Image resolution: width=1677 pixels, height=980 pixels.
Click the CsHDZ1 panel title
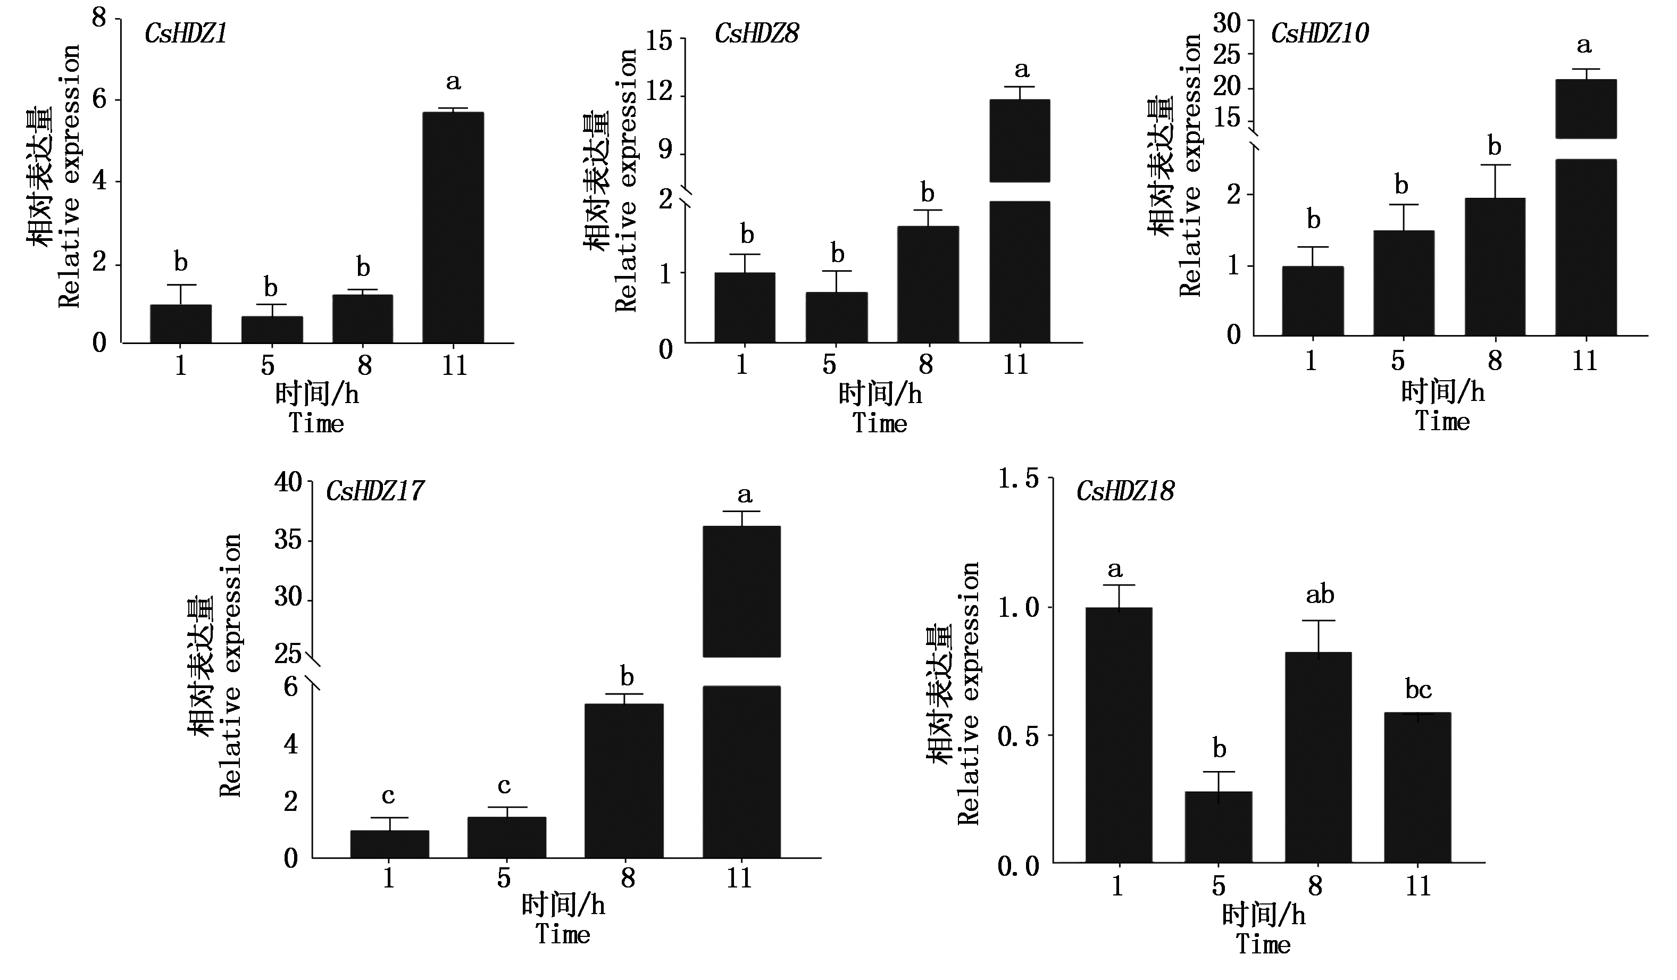[x=186, y=34]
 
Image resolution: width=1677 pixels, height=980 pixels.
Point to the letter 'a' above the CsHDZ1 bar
[x=453, y=82]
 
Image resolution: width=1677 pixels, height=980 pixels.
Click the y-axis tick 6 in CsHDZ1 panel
[x=100, y=100]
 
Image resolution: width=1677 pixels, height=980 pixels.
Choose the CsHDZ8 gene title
[x=757, y=34]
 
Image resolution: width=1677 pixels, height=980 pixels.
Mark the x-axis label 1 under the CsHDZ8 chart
[x=742, y=365]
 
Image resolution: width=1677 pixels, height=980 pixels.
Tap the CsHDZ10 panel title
[x=1320, y=34]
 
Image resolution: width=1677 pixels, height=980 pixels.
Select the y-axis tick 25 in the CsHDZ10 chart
[x=1227, y=55]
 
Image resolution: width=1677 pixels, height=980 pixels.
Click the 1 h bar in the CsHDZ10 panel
[x=1312, y=301]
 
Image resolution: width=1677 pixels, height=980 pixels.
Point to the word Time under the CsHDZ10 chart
[x=1442, y=421]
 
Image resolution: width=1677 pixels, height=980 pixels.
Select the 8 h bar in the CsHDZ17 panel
[x=623, y=781]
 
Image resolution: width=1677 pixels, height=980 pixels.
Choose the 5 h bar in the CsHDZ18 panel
[x=1219, y=827]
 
